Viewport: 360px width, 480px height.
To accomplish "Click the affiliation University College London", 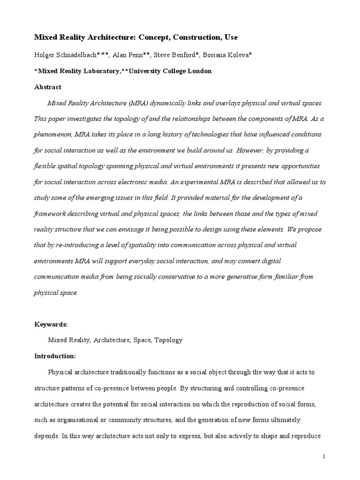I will click(x=170, y=71).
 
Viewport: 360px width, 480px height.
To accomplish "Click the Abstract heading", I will click(x=48, y=87).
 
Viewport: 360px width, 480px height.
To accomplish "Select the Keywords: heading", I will click(x=52, y=324).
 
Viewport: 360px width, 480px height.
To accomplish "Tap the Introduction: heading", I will click(x=55, y=356).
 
